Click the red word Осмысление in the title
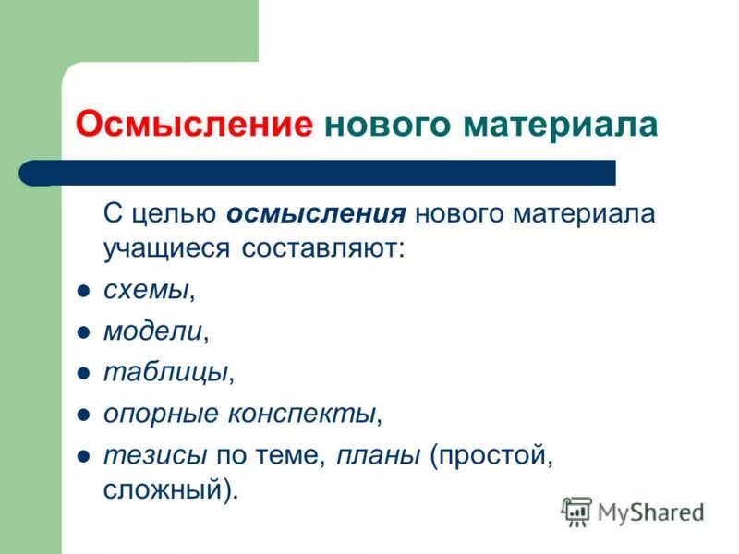click(194, 124)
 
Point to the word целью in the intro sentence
click(173, 214)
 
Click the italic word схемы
click(146, 290)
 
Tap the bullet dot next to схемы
click(82, 291)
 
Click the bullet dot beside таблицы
click(82, 372)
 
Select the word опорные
click(160, 414)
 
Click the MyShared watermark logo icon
click(577, 512)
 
